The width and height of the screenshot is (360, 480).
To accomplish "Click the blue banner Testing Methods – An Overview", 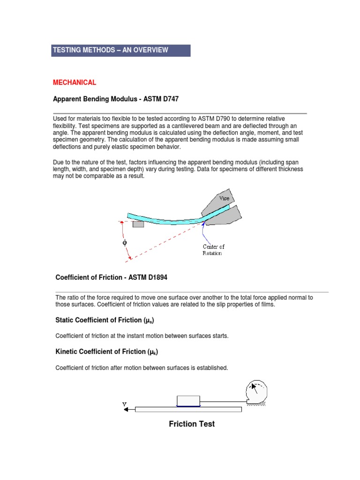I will coord(120,50).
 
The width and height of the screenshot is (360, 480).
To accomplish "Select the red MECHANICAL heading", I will coord(75,82).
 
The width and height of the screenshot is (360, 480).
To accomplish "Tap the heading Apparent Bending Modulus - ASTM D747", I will coord(115,99).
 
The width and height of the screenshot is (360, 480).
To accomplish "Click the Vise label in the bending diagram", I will coord(225,198).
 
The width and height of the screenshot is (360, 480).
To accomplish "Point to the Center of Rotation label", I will coord(213,250).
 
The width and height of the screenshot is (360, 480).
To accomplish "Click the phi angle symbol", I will coord(125,243).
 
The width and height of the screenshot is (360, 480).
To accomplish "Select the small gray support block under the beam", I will coord(138,224).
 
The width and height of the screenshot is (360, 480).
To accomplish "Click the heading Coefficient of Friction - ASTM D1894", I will coord(111,277).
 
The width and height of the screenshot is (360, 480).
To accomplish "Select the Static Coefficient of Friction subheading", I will coord(105,320).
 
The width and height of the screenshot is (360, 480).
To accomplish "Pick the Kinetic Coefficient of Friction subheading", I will coord(106,352).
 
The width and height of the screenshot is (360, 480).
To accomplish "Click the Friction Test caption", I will coord(192,424).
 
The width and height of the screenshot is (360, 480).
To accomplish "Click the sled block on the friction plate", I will coord(188,401).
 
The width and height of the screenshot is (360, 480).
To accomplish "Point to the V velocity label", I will coord(124,403).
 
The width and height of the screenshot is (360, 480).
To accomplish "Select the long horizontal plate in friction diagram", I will coord(188,409).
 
